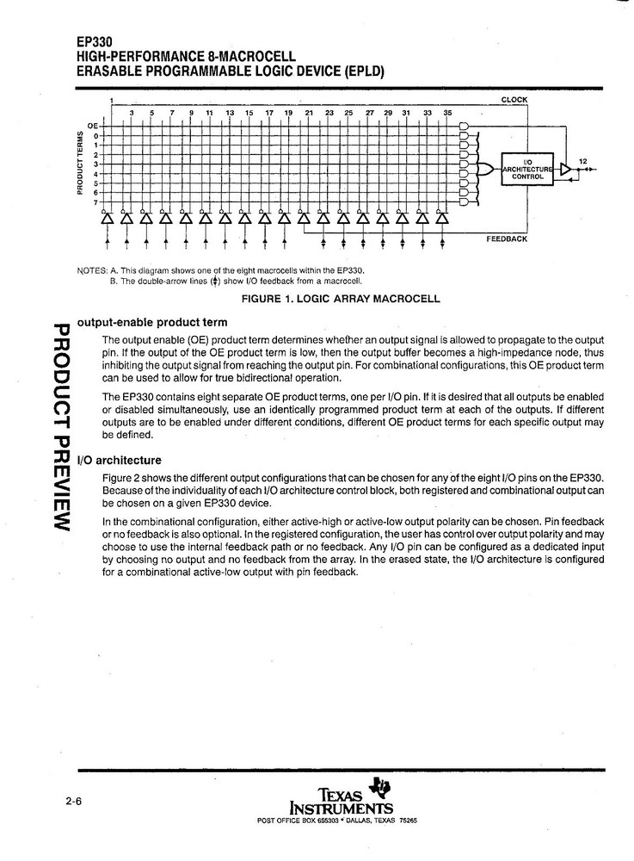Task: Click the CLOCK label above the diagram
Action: coord(514,100)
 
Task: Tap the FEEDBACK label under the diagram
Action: coord(507,238)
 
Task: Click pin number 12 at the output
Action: coord(582,161)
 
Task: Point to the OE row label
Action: coord(93,126)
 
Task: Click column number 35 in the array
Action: coord(447,113)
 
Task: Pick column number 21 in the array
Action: coord(309,113)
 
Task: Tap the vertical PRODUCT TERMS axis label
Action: coord(80,163)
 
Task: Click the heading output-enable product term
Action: coord(152,322)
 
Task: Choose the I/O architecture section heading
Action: coord(119,460)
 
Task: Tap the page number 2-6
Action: coord(72,802)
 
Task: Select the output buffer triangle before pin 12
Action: coord(565,169)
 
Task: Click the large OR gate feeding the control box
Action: coord(487,169)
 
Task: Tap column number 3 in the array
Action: coord(132,113)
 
